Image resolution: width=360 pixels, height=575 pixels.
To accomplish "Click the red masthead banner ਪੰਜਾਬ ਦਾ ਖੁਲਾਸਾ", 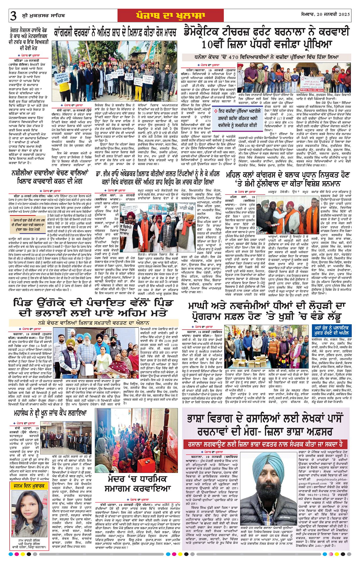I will (x=179, y=15).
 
